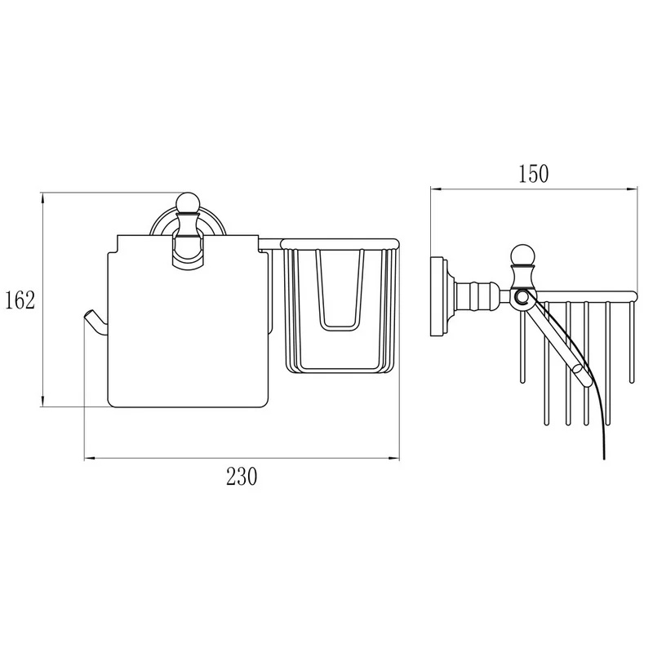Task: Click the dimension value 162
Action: tap(20, 300)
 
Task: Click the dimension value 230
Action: tap(242, 477)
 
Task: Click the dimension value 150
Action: tap(534, 174)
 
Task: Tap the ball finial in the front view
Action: tap(188, 202)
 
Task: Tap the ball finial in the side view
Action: tap(521, 255)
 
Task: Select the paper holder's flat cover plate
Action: tap(188, 321)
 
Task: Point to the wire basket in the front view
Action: tap(340, 306)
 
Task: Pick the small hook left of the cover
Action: tap(95, 322)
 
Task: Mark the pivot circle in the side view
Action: tap(521, 297)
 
